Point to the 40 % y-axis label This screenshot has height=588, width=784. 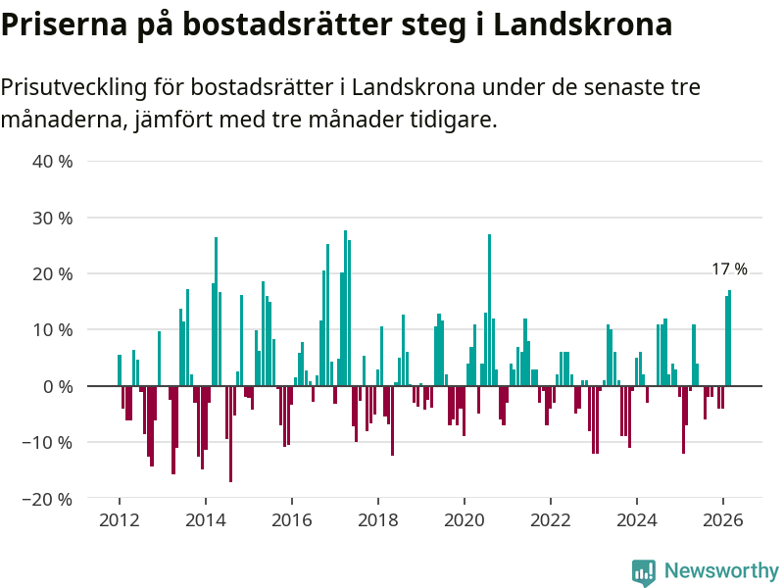pyautogui.click(x=53, y=161)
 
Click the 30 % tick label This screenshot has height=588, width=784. pyautogui.click(x=53, y=218)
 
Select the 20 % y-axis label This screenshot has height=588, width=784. pyautogui.click(x=53, y=273)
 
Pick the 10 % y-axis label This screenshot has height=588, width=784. pyautogui.click(x=53, y=330)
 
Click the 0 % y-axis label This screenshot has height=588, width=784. pyautogui.click(x=58, y=386)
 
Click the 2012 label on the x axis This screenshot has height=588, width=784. pyautogui.click(x=119, y=519)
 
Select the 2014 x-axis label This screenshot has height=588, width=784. pyautogui.click(x=205, y=519)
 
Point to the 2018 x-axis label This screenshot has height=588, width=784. pyautogui.click(x=377, y=519)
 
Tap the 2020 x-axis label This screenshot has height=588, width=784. pyautogui.click(x=464, y=519)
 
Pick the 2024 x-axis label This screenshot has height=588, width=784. pyautogui.click(x=636, y=519)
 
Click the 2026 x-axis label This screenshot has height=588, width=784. pyautogui.click(x=722, y=519)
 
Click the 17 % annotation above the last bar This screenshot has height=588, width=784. pyautogui.click(x=729, y=269)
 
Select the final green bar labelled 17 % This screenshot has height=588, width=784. pyautogui.click(x=729, y=338)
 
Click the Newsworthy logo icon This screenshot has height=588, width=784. pyautogui.click(x=643, y=571)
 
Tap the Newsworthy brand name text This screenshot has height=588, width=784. pyautogui.click(x=721, y=570)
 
